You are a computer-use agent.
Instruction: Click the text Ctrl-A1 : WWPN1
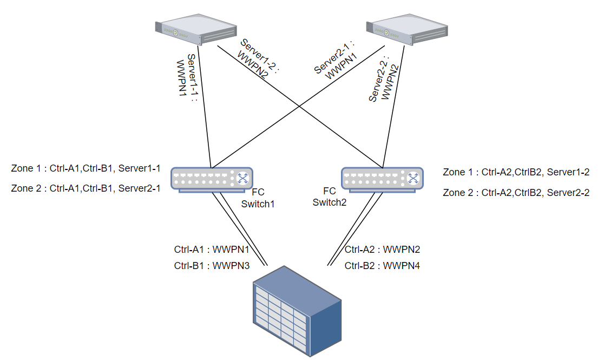click(x=212, y=250)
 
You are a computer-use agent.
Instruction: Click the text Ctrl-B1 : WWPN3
click(x=212, y=266)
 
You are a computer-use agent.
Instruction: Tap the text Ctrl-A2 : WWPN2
click(x=383, y=250)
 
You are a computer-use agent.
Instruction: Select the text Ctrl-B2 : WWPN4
click(x=383, y=266)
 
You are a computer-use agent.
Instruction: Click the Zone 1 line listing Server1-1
click(x=86, y=168)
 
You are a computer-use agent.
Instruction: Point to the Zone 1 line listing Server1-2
click(x=516, y=172)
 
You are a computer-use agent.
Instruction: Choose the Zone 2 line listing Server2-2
click(x=516, y=192)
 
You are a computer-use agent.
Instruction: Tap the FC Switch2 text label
click(x=329, y=197)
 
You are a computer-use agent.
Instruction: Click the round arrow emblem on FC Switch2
click(x=413, y=178)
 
